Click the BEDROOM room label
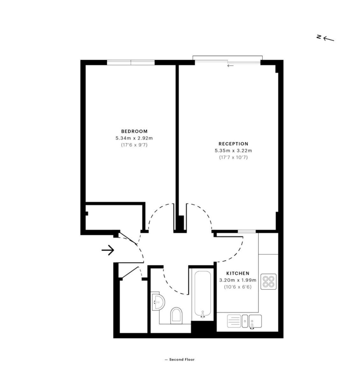pyautogui.click(x=134, y=131)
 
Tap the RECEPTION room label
pyautogui.click(x=234, y=144)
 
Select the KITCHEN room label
pyautogui.click(x=238, y=273)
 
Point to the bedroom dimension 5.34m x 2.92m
pyautogui.click(x=134, y=138)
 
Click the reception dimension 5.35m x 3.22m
pyautogui.click(x=234, y=151)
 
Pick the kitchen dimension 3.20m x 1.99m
pyautogui.click(x=238, y=280)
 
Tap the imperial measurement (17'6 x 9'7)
pyautogui.click(x=134, y=145)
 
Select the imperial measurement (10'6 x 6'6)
pyautogui.click(x=238, y=287)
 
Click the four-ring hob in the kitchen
pyautogui.click(x=268, y=281)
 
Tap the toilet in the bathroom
pyautogui.click(x=176, y=315)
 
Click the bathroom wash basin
pyautogui.click(x=158, y=301)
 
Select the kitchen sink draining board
pyautogui.click(x=234, y=321)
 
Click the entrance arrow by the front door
pyautogui.click(x=108, y=250)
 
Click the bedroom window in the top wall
pyautogui.click(x=131, y=63)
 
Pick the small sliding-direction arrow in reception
pyautogui.click(x=230, y=66)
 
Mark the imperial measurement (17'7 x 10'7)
pyautogui.click(x=234, y=157)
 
